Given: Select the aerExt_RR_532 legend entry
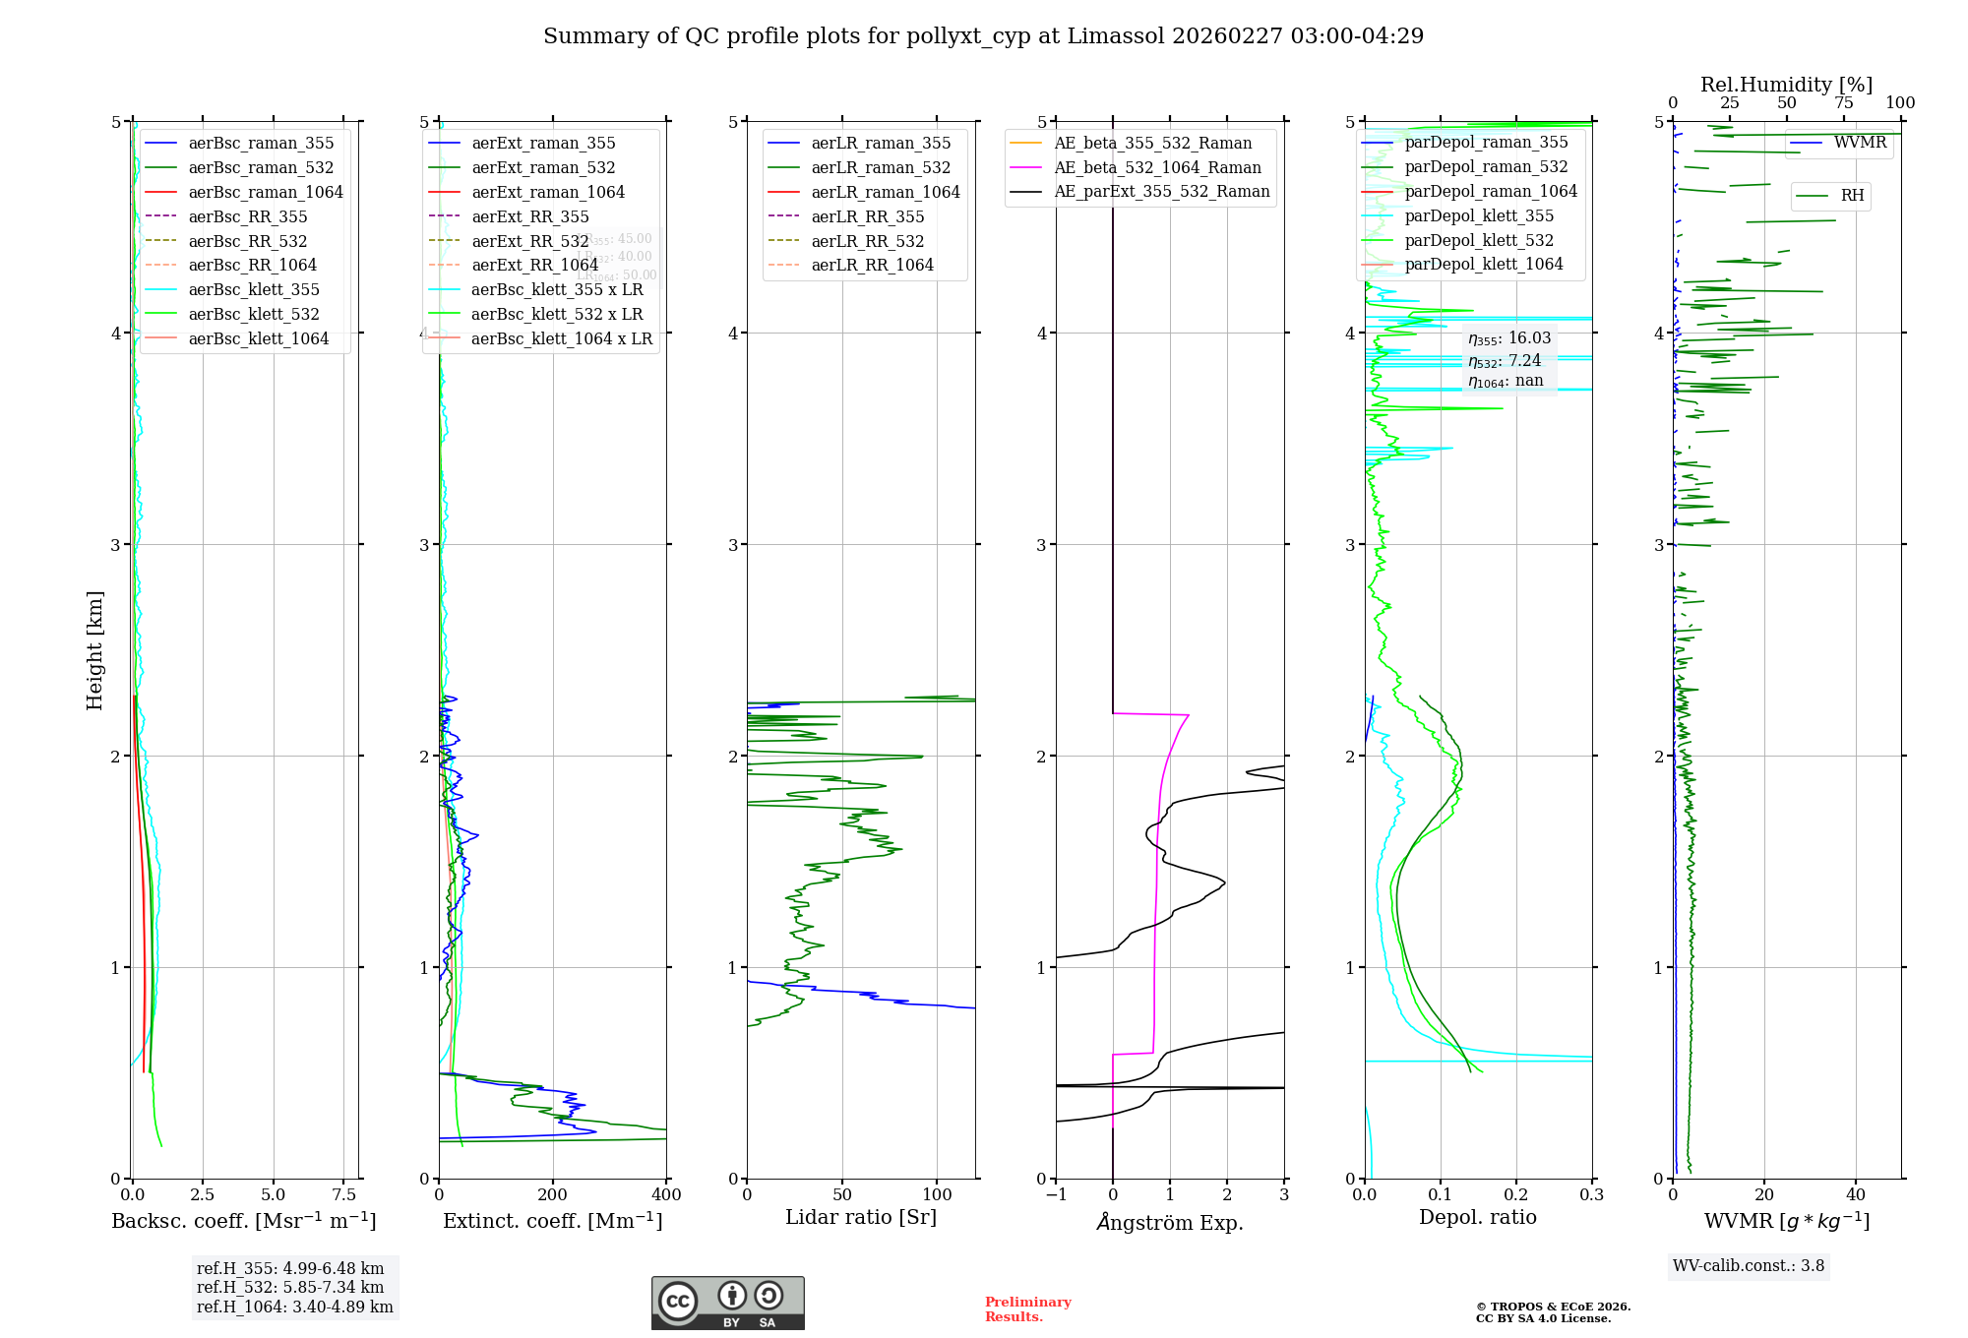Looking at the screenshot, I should [529, 241].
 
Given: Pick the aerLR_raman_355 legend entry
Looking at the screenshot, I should [881, 143].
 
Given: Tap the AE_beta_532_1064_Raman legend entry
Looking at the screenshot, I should [1157, 167].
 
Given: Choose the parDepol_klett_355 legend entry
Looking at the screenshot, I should [1479, 215].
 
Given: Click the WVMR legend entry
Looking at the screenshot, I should [1860, 143].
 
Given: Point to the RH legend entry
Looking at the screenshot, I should [1852, 196].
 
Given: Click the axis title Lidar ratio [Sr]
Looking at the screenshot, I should [861, 1217].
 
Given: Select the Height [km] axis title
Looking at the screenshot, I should [94, 649].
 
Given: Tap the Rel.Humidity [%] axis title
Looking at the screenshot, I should [1786, 85].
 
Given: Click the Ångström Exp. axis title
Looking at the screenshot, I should [1170, 1222].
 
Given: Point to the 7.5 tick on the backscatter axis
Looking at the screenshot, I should [344, 1194].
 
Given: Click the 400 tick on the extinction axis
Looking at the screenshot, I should [666, 1194].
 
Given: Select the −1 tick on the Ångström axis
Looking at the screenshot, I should [1056, 1194].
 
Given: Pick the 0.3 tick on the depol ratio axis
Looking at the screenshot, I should [1591, 1194].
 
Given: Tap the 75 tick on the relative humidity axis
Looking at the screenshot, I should [1844, 102].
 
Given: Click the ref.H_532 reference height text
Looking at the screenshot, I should [290, 1287].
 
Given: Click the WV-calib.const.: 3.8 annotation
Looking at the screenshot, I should [1749, 1265].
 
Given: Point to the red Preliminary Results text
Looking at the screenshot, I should [1027, 1308].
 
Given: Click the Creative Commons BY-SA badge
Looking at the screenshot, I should [727, 1304].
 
